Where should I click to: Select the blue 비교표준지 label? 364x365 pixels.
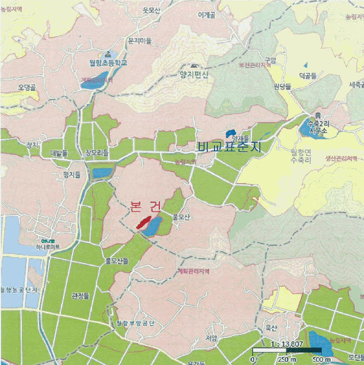pyautogui.click(x=229, y=147)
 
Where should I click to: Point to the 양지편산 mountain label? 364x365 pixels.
pyautogui.click(x=194, y=75)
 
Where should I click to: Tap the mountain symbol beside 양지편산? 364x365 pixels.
pyautogui.click(x=194, y=66)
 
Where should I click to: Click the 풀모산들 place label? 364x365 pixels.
pyautogui.click(x=117, y=259)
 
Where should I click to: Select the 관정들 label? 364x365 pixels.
pyautogui.click(x=80, y=296)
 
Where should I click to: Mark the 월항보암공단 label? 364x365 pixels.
pyautogui.click(x=136, y=323)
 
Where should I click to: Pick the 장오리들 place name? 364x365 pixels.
pyautogui.click(x=97, y=153)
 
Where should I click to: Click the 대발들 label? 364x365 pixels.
pyautogui.click(x=59, y=153)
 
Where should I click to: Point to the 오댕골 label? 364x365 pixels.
pyautogui.click(x=27, y=87)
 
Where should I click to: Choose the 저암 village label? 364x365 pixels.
pyautogui.click(x=211, y=338)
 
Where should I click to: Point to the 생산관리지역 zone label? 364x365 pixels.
pyautogui.click(x=341, y=158)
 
